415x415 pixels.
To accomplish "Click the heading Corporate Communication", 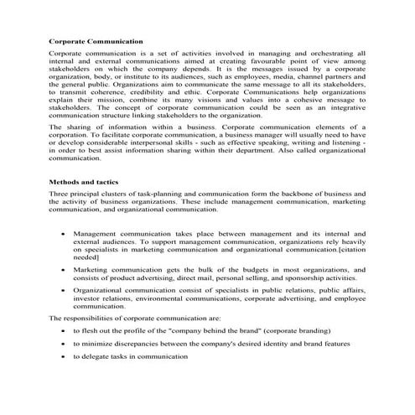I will [x=96, y=40].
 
